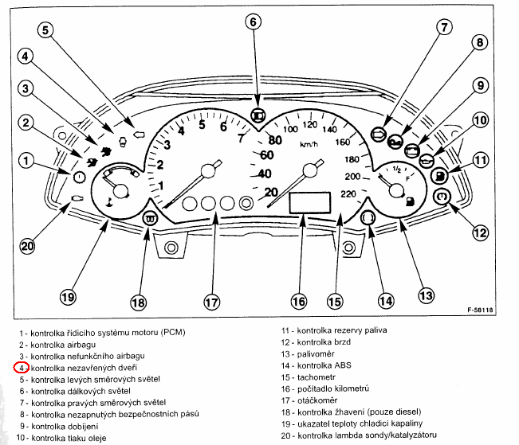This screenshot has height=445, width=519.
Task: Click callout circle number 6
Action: [x=254, y=22]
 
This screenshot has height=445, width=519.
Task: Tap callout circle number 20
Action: [x=28, y=245]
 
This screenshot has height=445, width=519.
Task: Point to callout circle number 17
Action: [x=211, y=302]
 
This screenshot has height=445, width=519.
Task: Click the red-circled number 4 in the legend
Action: [x=22, y=368]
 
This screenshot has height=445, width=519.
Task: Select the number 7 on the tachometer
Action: [x=242, y=137]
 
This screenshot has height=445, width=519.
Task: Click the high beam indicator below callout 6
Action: [x=257, y=115]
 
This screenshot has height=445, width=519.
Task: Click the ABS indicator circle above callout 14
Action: [x=368, y=218]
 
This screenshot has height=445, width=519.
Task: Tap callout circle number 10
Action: [x=479, y=121]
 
